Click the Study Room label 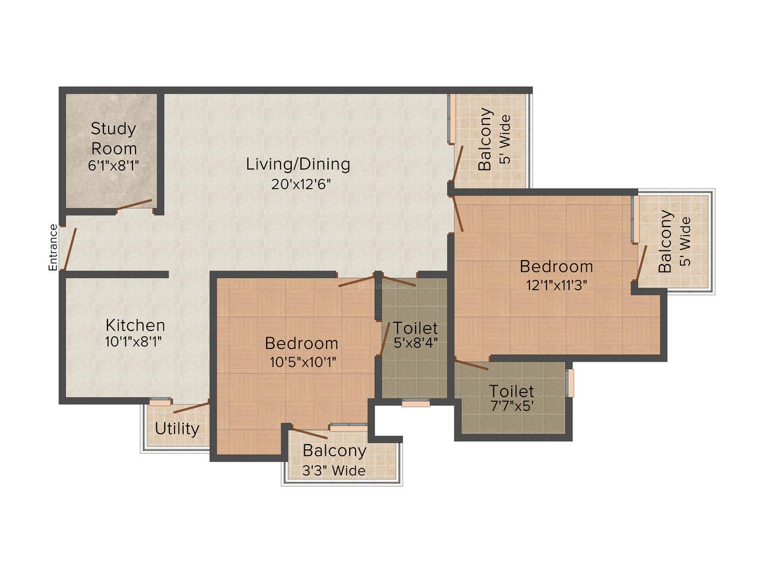pyautogui.click(x=113, y=138)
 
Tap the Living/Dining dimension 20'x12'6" pyautogui.click(x=298, y=184)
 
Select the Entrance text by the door pyautogui.click(x=53, y=248)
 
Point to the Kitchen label pyautogui.click(x=136, y=325)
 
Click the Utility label pyautogui.click(x=177, y=429)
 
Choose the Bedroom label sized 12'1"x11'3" pyautogui.click(x=556, y=267)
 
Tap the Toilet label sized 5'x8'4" pyautogui.click(x=415, y=328)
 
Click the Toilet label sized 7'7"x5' pyautogui.click(x=511, y=392)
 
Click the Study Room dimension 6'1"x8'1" pyautogui.click(x=113, y=165)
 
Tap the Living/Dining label pyautogui.click(x=298, y=164)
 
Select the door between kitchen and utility pyautogui.click(x=192, y=406)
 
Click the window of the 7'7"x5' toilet pyautogui.click(x=570, y=383)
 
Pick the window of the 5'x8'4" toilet pyautogui.click(x=415, y=403)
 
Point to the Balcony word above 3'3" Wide pyautogui.click(x=335, y=451)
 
